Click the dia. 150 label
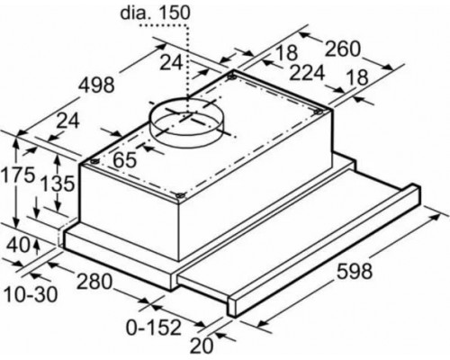pyautogui.click(x=156, y=13)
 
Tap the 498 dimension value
pyautogui.click(x=96, y=85)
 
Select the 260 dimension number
pyautogui.click(x=342, y=49)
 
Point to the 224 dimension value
pyautogui.click(x=307, y=73)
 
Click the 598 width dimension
pyautogui.click(x=355, y=271)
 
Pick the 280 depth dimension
pyautogui.click(x=94, y=282)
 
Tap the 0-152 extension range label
pyautogui.click(x=154, y=328)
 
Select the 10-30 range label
pyautogui.click(x=31, y=294)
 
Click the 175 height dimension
pyautogui.click(x=17, y=175)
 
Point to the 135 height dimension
pyautogui.click(x=58, y=184)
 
